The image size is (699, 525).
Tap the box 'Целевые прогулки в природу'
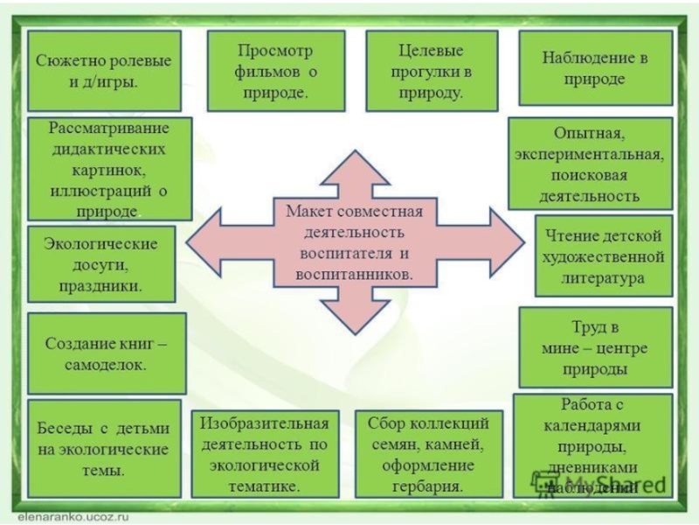(x=426, y=70)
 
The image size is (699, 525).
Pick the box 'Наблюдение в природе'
(x=596, y=68)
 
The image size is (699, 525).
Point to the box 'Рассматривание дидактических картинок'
(x=109, y=169)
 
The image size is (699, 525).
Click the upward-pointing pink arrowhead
(x=351, y=171)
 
